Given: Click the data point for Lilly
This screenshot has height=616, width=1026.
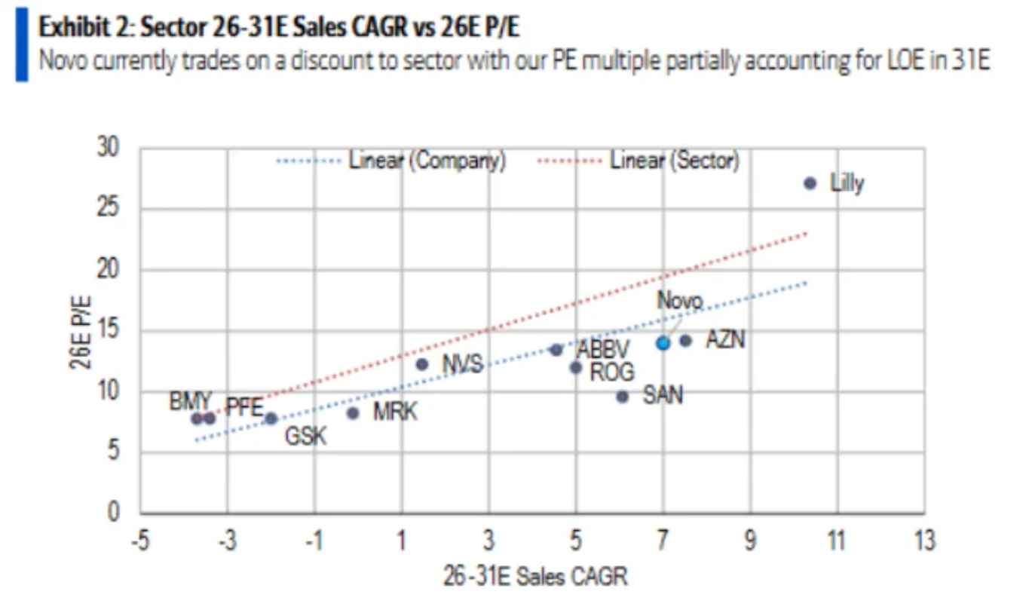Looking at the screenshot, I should pyautogui.click(x=810, y=183).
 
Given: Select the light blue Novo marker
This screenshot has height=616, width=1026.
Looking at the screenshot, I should pyautogui.click(x=663, y=343).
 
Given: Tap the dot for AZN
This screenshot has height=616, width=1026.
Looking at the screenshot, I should pyautogui.click(x=685, y=341).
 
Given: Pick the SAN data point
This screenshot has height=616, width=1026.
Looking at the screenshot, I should pyautogui.click(x=622, y=397).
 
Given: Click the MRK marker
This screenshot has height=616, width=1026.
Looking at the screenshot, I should pyautogui.click(x=352, y=412).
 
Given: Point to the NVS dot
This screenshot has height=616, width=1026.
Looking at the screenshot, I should pyautogui.click(x=421, y=364).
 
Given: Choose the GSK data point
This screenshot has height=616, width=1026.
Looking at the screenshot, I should pyautogui.click(x=271, y=418).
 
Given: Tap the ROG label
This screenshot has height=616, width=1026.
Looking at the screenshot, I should pyautogui.click(x=611, y=372).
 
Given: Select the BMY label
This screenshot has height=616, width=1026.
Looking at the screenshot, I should pyautogui.click(x=190, y=401).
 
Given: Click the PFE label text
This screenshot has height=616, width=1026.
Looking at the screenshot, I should pyautogui.click(x=244, y=409).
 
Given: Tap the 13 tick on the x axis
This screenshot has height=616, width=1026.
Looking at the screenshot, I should pyautogui.click(x=923, y=541).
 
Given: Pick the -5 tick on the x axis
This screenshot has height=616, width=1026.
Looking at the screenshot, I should pyautogui.click(x=139, y=541).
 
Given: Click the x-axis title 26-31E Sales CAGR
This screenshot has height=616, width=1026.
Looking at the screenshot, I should pyautogui.click(x=534, y=577).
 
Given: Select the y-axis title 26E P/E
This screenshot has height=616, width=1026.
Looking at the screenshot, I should pyautogui.click(x=82, y=331).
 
